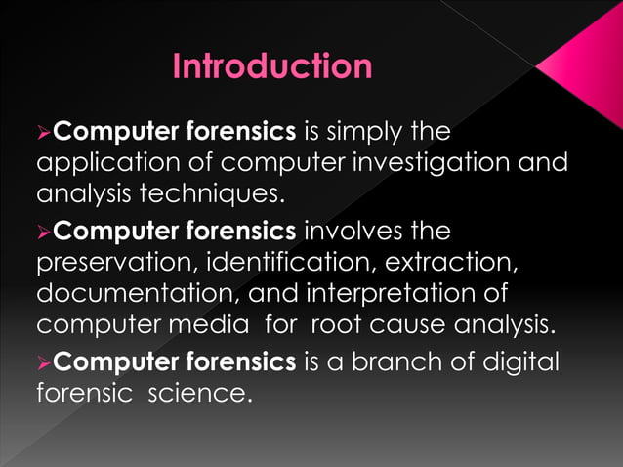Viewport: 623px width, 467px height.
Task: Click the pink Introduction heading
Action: pos(271,66)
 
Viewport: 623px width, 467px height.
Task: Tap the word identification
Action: pos(292,263)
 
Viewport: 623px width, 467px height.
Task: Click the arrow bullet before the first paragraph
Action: pos(43,132)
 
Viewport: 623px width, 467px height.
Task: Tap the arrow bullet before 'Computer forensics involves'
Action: pos(43,233)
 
